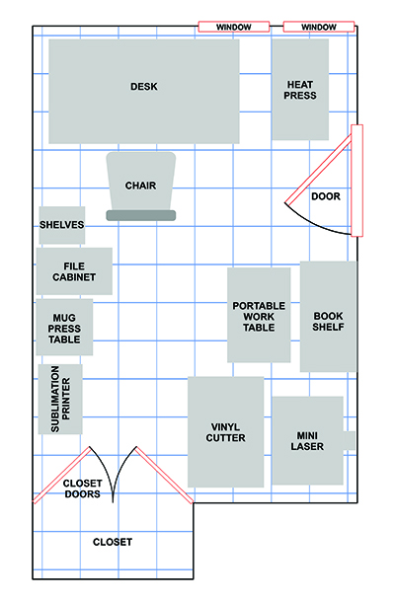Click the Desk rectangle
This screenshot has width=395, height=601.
coord(144,91)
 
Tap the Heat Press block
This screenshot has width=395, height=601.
coord(300,89)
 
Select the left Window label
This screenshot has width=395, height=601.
coord(234,27)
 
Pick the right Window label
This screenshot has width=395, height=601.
coord(319,27)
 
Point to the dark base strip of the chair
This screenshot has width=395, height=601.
coord(141,215)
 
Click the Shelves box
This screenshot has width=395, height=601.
coord(62,225)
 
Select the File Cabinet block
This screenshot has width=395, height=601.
coord(74,271)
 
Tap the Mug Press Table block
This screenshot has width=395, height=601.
coord(64,328)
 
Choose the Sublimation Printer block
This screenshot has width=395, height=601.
coord(60,399)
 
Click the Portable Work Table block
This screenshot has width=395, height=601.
coord(259,315)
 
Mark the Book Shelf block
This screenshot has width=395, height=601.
coord(328,317)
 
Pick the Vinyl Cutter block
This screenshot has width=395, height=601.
coord(225,432)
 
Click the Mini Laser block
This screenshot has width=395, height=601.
coord(307,441)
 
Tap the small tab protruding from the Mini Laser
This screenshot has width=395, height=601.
coord(349,440)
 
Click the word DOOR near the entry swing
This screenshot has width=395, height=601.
coord(326,196)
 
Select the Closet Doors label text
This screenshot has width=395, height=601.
coord(82,488)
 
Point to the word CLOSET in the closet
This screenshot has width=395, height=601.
coord(113,542)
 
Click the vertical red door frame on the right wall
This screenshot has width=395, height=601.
coord(357,181)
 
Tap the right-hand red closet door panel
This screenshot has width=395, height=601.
coord(164,475)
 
